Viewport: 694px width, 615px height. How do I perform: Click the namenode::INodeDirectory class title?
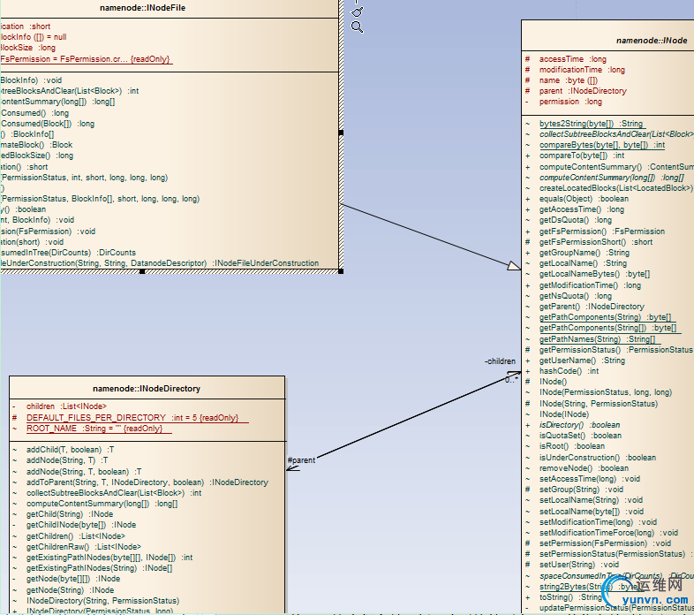pos(147,388)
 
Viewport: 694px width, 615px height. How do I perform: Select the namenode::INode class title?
pos(651,41)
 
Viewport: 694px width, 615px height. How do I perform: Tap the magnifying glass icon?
pos(357,27)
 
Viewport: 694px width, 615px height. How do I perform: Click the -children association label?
pos(500,361)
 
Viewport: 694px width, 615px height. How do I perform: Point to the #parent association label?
pos(301,459)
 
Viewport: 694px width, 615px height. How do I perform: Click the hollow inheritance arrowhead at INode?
pos(514,264)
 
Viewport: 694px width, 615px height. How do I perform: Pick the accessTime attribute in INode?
pos(572,59)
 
